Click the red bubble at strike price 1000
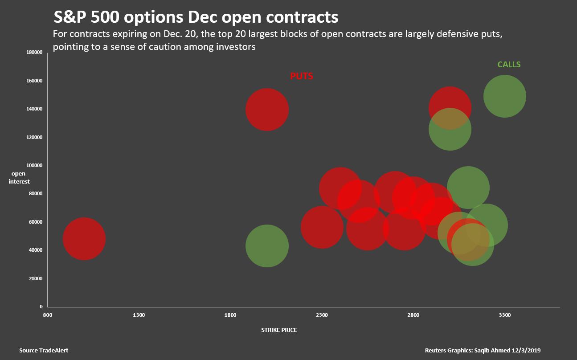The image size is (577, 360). pyautogui.click(x=84, y=239)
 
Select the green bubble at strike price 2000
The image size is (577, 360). pyautogui.click(x=267, y=245)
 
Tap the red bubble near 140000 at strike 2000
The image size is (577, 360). pyautogui.click(x=267, y=110)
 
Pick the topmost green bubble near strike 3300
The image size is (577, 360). pyautogui.click(x=504, y=96)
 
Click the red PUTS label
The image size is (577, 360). pyautogui.click(x=302, y=76)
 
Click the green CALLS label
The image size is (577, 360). pyautogui.click(x=509, y=65)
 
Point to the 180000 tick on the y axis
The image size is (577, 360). pyautogui.click(x=34, y=53)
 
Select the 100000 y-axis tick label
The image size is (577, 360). pyautogui.click(x=34, y=165)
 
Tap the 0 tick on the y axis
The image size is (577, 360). pyautogui.click(x=41, y=307)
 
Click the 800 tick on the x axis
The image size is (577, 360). pyautogui.click(x=47, y=315)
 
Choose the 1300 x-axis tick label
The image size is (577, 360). pyautogui.click(x=139, y=315)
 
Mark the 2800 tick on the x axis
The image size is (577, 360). pyautogui.click(x=413, y=315)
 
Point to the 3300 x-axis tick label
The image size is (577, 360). pyautogui.click(x=504, y=315)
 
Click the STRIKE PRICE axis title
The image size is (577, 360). pyautogui.click(x=279, y=330)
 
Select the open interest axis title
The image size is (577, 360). pyautogui.click(x=19, y=178)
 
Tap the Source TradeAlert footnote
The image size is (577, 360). pyautogui.click(x=44, y=351)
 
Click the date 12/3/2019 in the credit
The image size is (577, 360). pyautogui.click(x=526, y=351)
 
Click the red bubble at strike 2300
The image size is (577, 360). pyautogui.click(x=322, y=227)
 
